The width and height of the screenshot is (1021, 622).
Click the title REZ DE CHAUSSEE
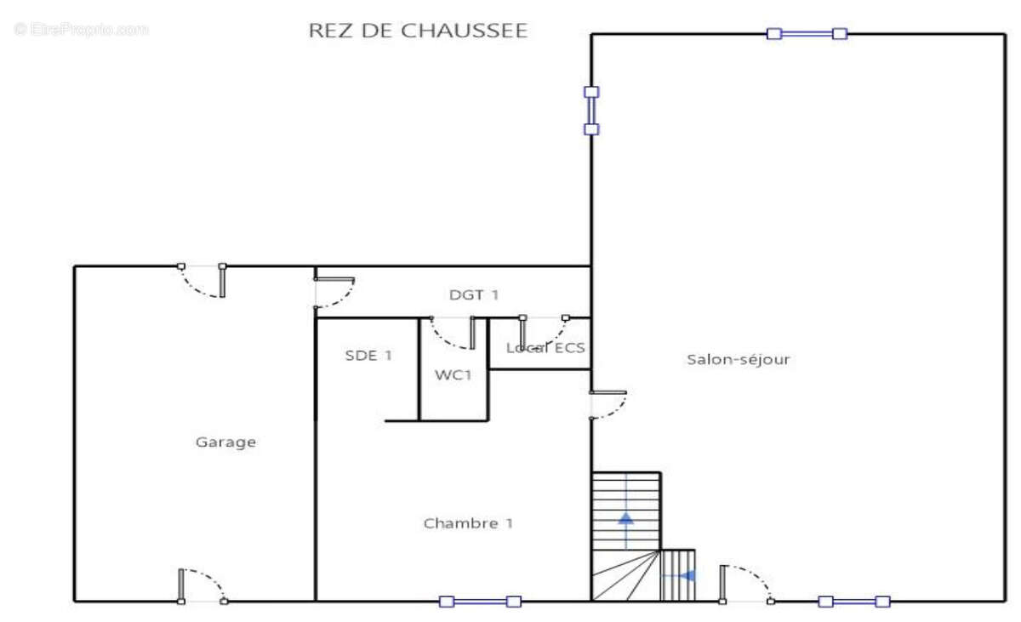click(418, 31)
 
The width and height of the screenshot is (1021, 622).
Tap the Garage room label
click(225, 442)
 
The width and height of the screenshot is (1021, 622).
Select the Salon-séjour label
click(739, 359)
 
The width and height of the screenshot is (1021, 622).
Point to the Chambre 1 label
click(468, 523)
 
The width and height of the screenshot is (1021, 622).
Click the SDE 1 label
click(368, 356)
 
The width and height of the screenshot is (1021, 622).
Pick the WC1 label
click(453, 374)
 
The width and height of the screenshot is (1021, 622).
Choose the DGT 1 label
click(474, 295)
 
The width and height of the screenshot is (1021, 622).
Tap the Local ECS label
click(545, 347)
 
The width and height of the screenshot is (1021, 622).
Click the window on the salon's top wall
click(807, 34)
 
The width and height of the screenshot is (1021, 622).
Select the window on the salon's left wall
click(591, 111)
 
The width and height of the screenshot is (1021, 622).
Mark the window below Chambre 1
click(480, 602)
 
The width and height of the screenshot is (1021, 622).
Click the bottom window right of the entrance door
click(854, 602)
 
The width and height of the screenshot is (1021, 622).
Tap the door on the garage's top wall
click(202, 281)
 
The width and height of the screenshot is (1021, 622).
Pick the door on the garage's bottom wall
click(202, 585)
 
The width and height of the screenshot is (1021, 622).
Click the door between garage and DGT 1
click(333, 292)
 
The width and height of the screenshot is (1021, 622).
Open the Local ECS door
click(544, 329)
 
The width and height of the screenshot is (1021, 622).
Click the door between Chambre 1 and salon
click(607, 404)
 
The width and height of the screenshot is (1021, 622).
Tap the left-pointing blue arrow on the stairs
click(686, 575)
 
